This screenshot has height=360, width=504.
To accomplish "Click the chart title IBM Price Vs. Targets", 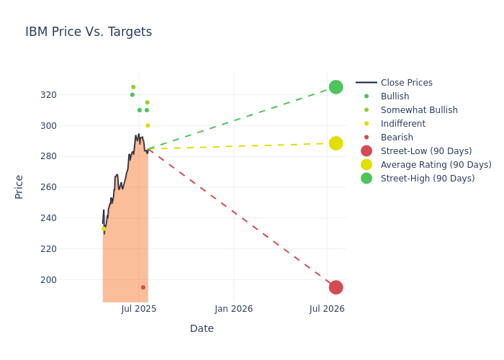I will (89, 32).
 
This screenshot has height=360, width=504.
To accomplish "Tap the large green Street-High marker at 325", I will (336, 87).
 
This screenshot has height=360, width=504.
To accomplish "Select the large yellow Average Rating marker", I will (336, 143).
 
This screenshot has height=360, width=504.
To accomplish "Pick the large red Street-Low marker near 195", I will (336, 287).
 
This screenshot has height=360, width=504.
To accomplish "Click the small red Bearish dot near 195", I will (143, 287).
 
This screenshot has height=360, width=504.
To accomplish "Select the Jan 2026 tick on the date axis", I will (234, 309).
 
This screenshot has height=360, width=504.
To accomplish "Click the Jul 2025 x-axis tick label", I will (139, 309).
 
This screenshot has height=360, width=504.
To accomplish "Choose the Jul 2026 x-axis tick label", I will (327, 309).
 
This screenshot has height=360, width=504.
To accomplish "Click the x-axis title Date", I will (202, 328).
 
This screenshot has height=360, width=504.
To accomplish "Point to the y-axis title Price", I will (19, 186).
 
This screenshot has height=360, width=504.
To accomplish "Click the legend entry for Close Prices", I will (406, 83).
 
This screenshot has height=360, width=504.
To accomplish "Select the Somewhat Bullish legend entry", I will (419, 110).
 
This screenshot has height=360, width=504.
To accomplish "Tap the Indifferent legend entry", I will (402, 124).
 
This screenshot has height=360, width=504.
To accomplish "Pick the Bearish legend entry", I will (397, 138).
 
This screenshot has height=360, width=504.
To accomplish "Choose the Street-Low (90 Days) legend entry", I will (426, 151).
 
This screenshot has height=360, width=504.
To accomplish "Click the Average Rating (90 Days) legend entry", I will (436, 165).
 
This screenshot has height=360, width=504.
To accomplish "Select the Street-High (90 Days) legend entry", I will (428, 179).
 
